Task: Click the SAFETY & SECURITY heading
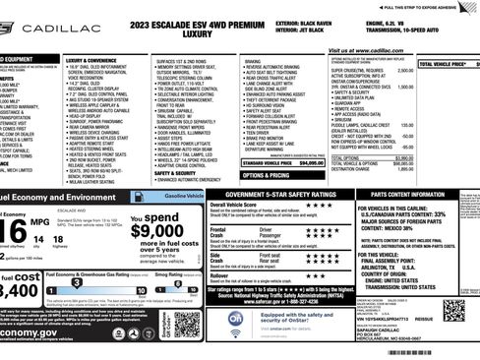click(x=179, y=172)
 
